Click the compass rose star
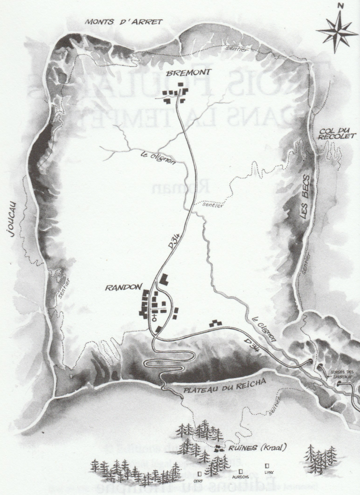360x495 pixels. (337, 30)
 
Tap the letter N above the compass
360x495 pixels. (341, 6)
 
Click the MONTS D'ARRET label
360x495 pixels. (124, 22)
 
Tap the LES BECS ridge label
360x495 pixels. (305, 203)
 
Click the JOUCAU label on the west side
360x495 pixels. (11, 219)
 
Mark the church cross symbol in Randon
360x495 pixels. (155, 317)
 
